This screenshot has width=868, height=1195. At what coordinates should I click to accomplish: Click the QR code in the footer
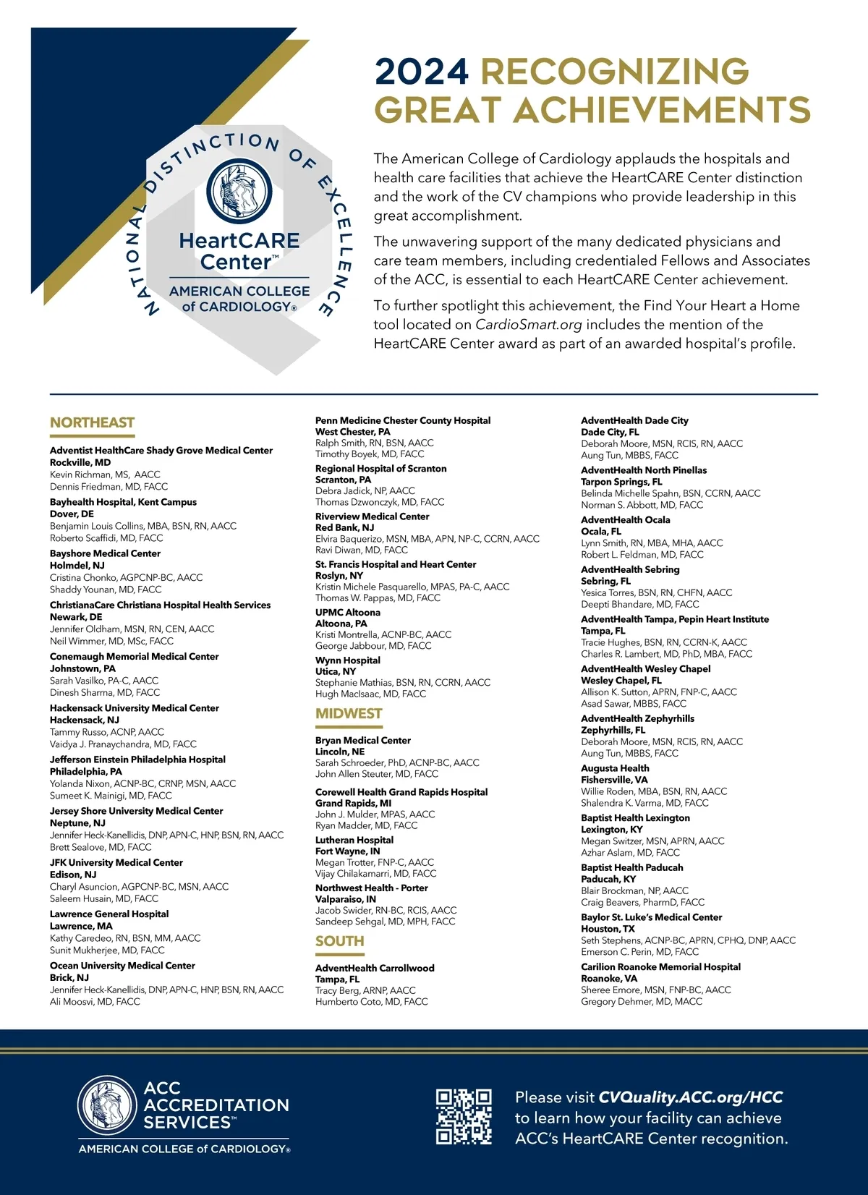(464, 1116)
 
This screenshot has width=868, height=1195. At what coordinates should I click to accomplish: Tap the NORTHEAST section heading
(92, 422)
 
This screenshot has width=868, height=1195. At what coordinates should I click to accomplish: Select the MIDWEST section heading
(349, 713)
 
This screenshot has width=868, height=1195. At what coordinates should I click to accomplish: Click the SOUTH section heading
(339, 941)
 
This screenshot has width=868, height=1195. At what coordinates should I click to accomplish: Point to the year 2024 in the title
(422, 72)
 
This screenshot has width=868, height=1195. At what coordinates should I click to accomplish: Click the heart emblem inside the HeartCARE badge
(239, 192)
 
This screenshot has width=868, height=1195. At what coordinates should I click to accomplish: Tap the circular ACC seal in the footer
(107, 1105)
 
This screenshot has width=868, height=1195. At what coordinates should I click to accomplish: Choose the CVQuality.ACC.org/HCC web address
(691, 1097)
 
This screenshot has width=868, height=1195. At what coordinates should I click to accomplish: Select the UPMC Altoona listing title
(348, 612)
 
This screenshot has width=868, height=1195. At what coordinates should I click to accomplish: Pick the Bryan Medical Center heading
(363, 740)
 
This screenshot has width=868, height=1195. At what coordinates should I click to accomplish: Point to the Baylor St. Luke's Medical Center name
(651, 917)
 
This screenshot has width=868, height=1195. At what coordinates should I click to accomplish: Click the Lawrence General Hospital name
(109, 914)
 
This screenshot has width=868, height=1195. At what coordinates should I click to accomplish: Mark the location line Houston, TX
(608, 929)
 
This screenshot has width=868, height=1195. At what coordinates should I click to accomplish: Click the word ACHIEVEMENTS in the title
(662, 110)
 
